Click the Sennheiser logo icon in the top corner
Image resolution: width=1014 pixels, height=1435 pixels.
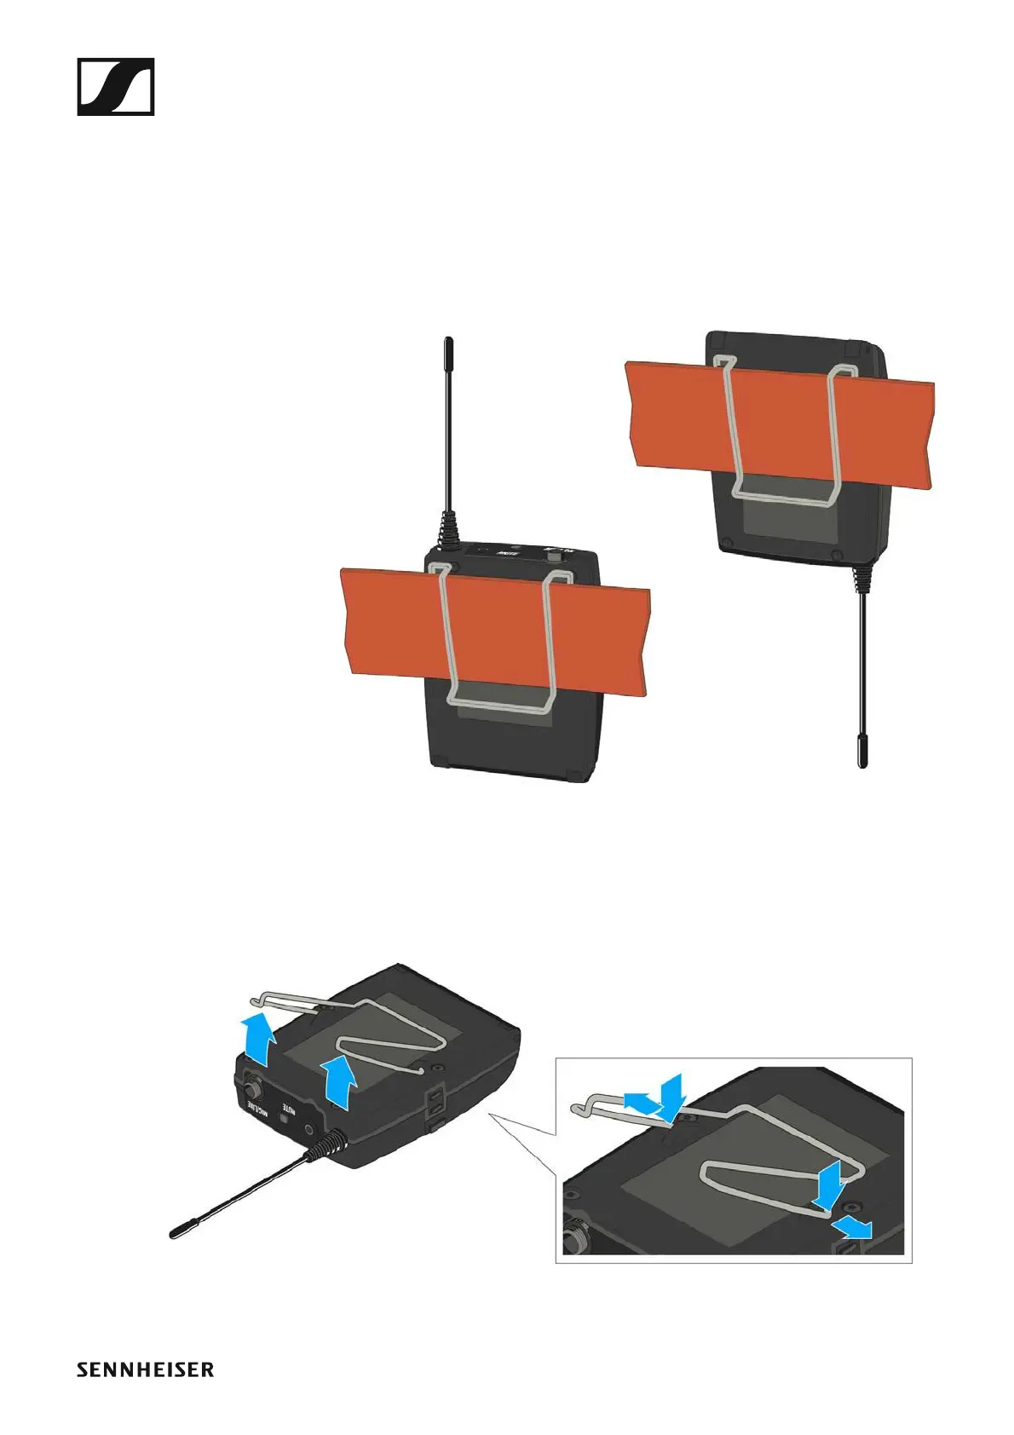[115, 86]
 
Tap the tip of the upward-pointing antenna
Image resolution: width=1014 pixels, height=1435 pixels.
[447, 344]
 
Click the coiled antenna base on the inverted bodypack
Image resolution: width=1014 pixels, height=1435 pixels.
[861, 577]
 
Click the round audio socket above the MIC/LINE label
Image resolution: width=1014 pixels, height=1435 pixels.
[252, 1088]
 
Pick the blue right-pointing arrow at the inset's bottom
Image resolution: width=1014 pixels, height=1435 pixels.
[855, 1228]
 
